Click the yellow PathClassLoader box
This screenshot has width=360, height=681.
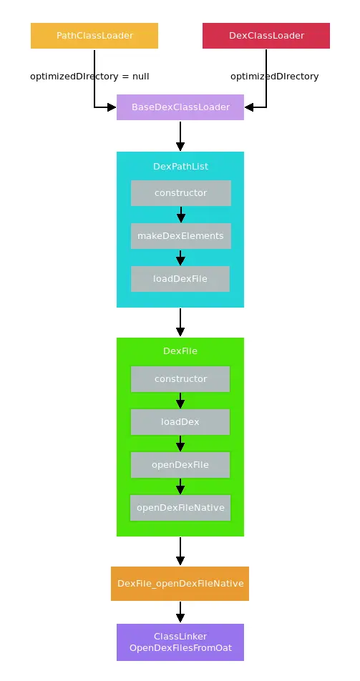(94, 36)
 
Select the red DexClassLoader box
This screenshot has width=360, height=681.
(266, 36)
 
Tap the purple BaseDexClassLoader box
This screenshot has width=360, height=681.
(180, 107)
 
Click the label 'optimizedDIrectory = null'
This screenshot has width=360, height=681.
(89, 76)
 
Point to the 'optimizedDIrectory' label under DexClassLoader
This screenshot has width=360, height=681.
(274, 76)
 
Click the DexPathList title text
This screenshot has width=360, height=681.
(180, 166)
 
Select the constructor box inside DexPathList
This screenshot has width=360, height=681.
(180, 193)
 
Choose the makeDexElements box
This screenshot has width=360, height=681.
(180, 236)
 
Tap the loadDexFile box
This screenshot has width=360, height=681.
(180, 279)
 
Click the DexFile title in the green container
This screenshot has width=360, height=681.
(180, 351)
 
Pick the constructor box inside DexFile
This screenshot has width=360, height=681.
(180, 379)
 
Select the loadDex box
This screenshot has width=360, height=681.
(180, 422)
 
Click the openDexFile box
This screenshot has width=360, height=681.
(180, 465)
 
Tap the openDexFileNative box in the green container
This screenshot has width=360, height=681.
(180, 508)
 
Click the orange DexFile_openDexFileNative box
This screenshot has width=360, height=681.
(180, 584)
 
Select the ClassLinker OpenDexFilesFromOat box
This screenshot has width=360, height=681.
(180, 642)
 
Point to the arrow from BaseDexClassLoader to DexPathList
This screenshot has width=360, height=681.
(180, 135)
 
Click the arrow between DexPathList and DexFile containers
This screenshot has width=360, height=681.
(180, 322)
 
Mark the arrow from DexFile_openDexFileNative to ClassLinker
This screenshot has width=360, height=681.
(180, 612)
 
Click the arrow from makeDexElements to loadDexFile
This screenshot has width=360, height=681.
(180, 258)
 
